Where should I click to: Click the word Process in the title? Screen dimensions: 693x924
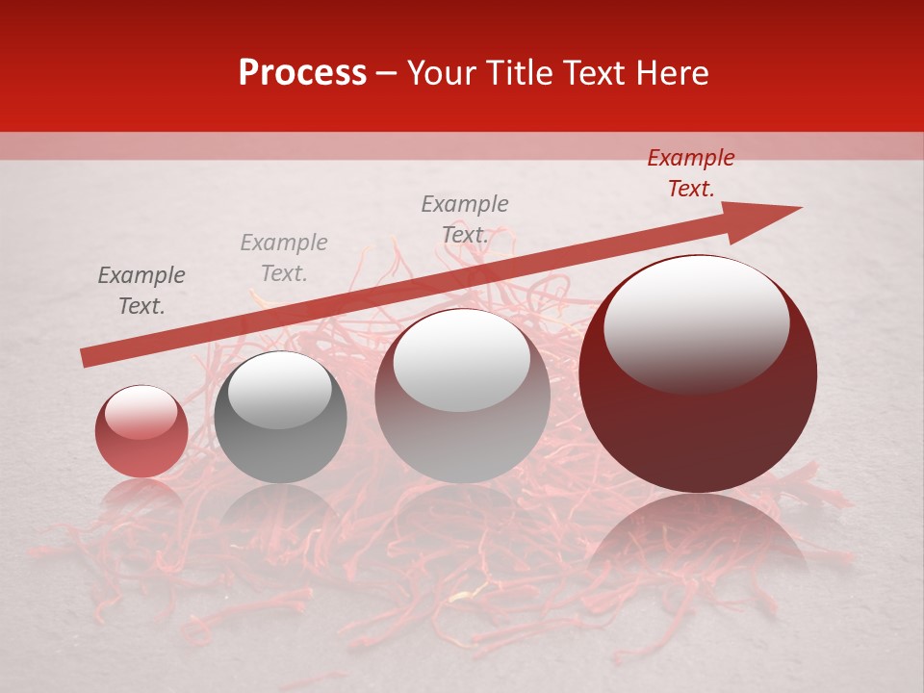click(302, 73)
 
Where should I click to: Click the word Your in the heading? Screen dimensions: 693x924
click(446, 73)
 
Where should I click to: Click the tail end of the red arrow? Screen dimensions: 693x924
click(87, 358)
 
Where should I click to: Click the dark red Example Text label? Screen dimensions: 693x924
click(690, 173)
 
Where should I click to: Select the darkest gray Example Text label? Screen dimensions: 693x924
click(141, 291)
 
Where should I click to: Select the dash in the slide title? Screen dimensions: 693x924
click(387, 73)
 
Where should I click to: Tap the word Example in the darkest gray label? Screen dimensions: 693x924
click(141, 276)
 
